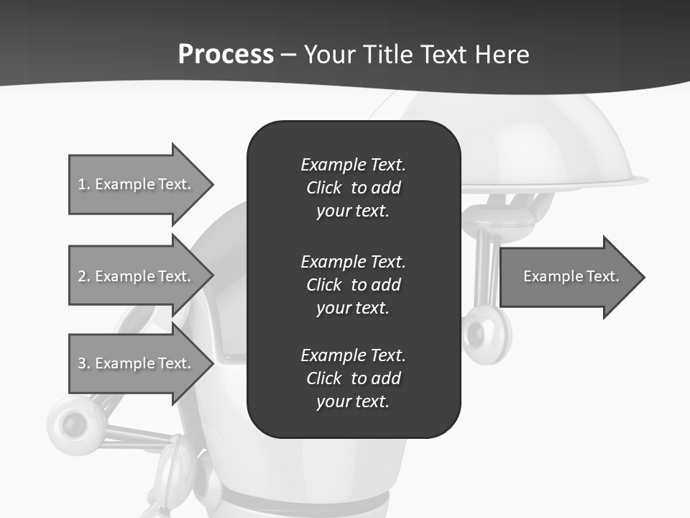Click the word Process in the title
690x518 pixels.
(226, 55)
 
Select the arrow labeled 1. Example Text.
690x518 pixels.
(137, 184)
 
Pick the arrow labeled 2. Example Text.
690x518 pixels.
(137, 276)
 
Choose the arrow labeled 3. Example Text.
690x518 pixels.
(137, 363)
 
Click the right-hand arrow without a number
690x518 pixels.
(568, 277)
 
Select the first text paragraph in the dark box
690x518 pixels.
(353, 187)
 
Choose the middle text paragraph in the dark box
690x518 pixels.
(353, 284)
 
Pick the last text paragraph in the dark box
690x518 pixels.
(353, 378)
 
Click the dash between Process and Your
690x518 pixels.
(288, 55)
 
